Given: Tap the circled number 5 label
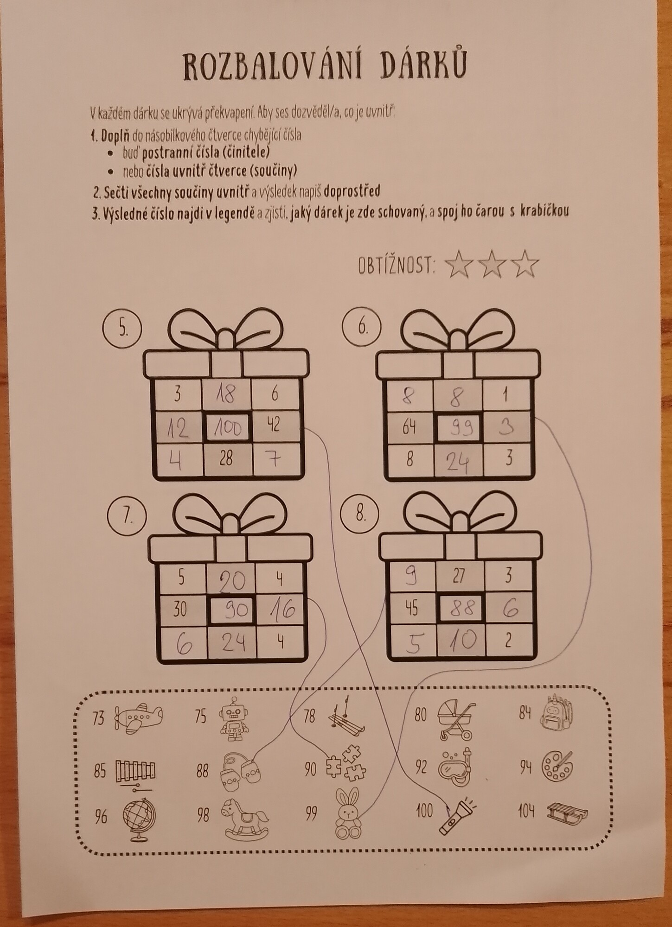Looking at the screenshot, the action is [x=122, y=328].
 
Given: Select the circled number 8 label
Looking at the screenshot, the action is [x=360, y=514].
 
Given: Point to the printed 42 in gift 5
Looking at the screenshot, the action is [x=274, y=425].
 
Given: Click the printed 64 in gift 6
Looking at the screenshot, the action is [x=409, y=427].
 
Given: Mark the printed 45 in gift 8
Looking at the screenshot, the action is [x=411, y=608].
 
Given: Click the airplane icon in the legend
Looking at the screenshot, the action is [x=139, y=730].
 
